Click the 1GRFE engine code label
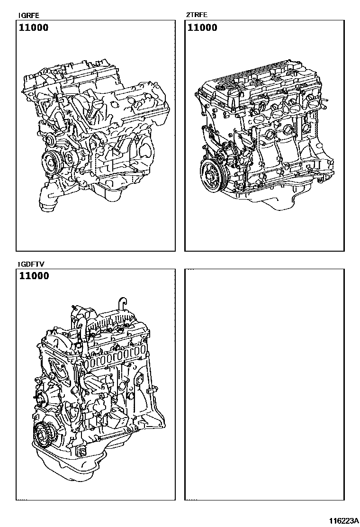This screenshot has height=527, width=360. pyautogui.click(x=28, y=16)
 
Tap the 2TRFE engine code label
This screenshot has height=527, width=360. pyautogui.click(x=197, y=15)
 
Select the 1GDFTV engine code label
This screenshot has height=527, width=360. pyautogui.click(x=31, y=264)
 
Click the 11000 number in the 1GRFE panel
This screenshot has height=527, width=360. pyautogui.click(x=34, y=27)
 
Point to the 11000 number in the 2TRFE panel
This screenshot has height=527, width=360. pyautogui.click(x=202, y=27)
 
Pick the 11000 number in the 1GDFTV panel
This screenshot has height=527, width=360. pyautogui.click(x=34, y=276)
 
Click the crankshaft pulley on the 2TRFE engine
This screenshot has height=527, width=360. pyautogui.click(x=211, y=176)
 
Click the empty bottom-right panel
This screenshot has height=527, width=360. pyautogui.click(x=264, y=384)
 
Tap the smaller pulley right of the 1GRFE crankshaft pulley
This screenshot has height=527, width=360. pyautogui.click(x=72, y=158)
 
